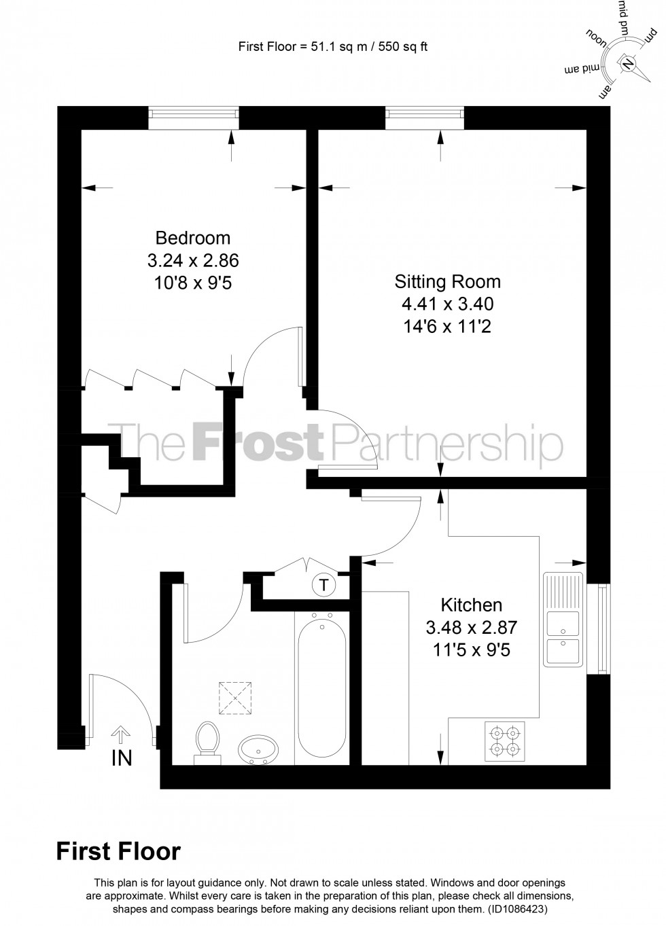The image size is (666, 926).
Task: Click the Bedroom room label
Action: (x=193, y=238)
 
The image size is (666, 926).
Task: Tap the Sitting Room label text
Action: (x=447, y=281)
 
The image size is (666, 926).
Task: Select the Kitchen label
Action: (x=472, y=605)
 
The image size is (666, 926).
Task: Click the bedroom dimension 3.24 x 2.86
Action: (x=193, y=260)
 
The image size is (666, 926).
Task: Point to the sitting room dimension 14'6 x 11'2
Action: (x=447, y=326)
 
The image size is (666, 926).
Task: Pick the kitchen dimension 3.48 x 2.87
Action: (x=472, y=627)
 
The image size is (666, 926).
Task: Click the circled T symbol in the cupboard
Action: (x=324, y=584)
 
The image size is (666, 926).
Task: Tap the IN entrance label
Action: (x=122, y=758)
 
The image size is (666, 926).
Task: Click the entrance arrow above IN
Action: (x=121, y=734)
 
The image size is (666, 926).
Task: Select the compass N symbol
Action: (x=627, y=65)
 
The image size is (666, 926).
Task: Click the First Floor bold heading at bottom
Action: (x=118, y=851)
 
